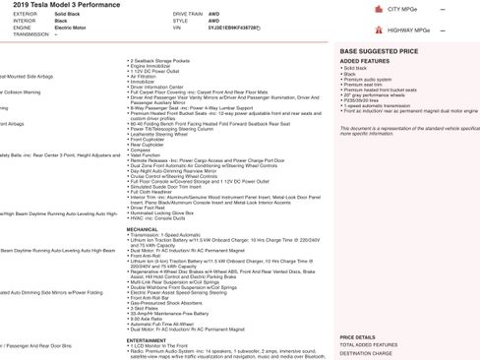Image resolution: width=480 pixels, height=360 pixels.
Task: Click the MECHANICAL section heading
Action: click(143, 228)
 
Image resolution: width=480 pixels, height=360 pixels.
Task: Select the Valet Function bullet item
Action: click(145, 154)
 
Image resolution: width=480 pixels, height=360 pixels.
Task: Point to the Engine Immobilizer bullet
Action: click(152, 65)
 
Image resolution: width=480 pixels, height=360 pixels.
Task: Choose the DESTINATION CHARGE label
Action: click(365, 352)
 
